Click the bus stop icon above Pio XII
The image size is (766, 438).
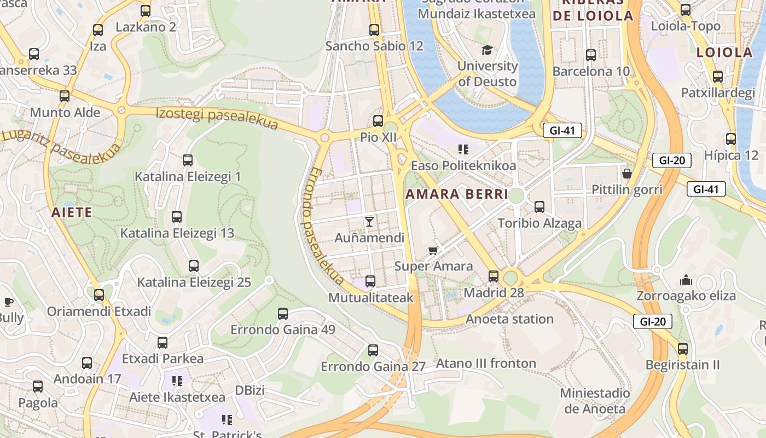pos(378,121)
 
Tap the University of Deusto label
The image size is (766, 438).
pos(487,73)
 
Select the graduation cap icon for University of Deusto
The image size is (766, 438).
pos(487,50)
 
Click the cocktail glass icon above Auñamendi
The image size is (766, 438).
pos(369,222)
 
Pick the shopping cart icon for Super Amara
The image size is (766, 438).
pos(433,250)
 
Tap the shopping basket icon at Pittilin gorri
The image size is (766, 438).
pos(627,174)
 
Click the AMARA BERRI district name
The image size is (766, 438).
pos(457,194)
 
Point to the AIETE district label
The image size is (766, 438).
pos(72,212)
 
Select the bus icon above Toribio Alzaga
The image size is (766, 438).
pos(539,207)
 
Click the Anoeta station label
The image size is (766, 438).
pos(509,319)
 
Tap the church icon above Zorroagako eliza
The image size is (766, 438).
pos(686,280)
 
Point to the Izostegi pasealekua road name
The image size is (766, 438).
pos(217,119)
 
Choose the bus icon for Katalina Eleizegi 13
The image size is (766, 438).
pos(177,217)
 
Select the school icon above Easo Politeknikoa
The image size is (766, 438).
pos(463,149)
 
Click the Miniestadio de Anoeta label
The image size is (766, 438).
pos(595,401)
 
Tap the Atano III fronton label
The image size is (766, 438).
pos(486,364)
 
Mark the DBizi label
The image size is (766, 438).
pos(249,390)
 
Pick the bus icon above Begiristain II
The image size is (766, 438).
pos(682,348)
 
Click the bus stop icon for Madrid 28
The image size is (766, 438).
pos(494,276)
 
